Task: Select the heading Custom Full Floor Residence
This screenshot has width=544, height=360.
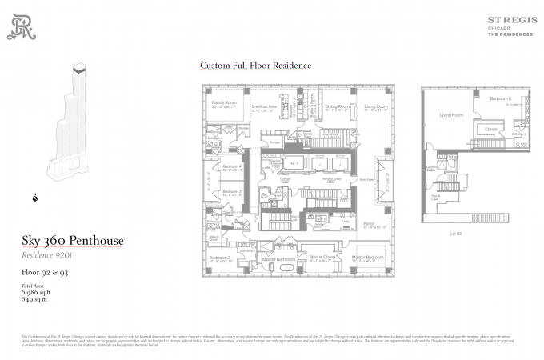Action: pyautogui.click(x=255, y=66)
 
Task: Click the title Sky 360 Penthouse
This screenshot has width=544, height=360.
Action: pyautogui.click(x=72, y=241)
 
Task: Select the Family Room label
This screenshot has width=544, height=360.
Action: pyautogui.click(x=224, y=103)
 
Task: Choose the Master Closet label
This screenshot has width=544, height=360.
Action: pyautogui.click(x=325, y=257)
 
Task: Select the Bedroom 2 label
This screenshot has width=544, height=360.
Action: pyautogui.click(x=219, y=258)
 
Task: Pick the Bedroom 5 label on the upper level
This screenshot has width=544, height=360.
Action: pyautogui.click(x=501, y=98)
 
